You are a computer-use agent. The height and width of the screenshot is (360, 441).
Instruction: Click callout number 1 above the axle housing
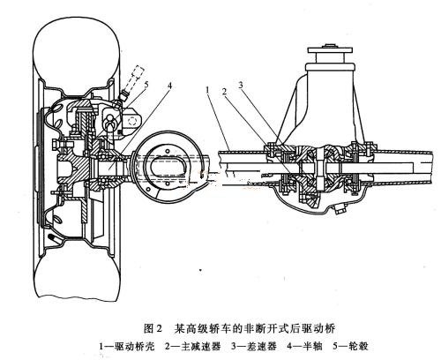coord(207,89)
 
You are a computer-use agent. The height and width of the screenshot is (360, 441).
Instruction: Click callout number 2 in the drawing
coord(224,92)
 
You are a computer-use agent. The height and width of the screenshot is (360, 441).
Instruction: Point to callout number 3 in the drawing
coord(241,86)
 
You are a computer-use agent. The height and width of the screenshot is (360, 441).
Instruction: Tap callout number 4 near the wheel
coord(168,86)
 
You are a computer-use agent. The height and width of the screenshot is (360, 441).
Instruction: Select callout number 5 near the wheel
coord(146,84)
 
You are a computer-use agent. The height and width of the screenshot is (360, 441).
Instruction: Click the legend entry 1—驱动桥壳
coord(127,346)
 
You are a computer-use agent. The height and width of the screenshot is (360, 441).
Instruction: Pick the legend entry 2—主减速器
coord(193,346)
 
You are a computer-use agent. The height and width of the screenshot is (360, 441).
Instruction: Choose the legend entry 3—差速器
coord(254,346)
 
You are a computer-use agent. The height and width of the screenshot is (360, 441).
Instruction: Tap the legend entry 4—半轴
coord(305,346)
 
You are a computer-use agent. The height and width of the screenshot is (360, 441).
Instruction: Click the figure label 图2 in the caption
coord(153,328)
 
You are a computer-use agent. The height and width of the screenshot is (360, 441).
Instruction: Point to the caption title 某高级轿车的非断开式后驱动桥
coord(255,328)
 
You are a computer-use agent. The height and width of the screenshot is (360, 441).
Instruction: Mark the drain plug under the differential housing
coord(339,210)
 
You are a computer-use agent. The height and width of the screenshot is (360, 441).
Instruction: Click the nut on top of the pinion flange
coord(329,46)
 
